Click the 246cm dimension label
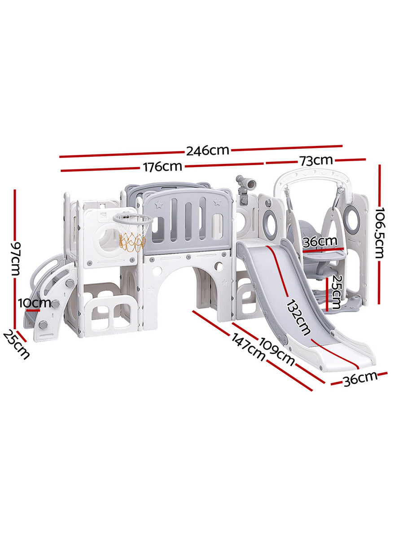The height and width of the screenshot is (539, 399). click(x=207, y=150)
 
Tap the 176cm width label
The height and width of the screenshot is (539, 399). click(x=162, y=167)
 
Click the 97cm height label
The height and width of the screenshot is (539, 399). click(x=16, y=259)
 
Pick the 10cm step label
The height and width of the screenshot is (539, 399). click(x=35, y=303)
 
